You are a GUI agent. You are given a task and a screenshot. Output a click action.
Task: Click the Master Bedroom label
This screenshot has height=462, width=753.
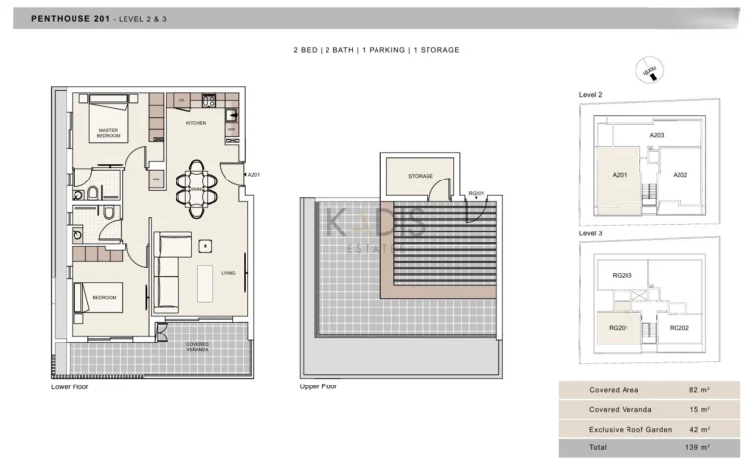click(108, 132)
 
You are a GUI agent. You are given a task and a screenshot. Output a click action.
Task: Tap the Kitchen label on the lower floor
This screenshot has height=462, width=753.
click(196, 123)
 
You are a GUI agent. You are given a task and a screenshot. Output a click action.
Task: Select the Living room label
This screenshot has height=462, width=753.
click(227, 274)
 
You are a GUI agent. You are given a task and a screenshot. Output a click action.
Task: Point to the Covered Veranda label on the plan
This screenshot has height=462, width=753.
click(197, 347)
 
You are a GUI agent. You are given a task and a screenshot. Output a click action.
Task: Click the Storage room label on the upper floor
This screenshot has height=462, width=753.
click(421, 176)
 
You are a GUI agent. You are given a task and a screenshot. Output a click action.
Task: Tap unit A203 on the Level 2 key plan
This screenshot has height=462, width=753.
click(657, 135)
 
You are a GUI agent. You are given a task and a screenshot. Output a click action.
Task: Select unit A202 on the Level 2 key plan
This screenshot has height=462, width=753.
click(680, 175)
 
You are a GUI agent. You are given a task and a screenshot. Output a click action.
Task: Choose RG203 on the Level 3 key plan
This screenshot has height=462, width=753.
click(622, 276)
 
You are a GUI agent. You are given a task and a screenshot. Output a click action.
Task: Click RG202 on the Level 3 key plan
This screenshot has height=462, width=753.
click(680, 327)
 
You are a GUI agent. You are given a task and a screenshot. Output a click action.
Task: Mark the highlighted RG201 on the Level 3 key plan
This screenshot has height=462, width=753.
click(620, 328)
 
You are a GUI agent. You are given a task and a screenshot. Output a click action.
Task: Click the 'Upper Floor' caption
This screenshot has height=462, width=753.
click(320, 387)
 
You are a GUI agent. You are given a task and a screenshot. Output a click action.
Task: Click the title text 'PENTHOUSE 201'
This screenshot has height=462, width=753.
click(70, 18)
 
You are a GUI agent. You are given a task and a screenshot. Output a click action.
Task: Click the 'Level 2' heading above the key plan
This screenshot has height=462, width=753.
click(590, 94)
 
